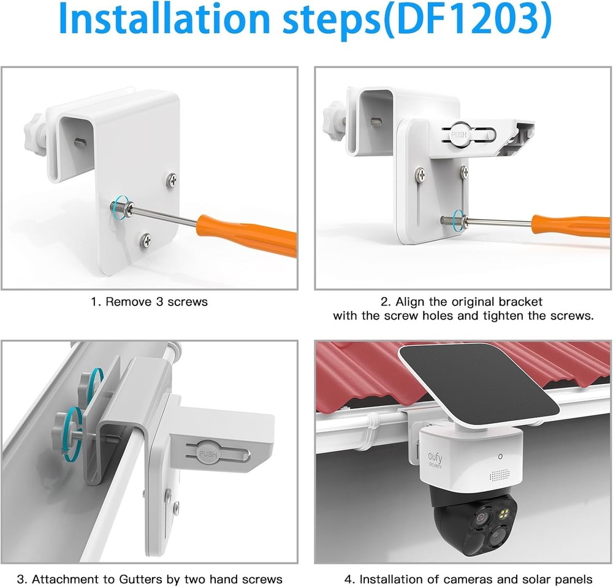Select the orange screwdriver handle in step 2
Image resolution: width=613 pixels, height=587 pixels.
pyautogui.click(x=570, y=225)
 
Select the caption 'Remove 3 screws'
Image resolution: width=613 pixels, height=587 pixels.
pyautogui.click(x=150, y=301)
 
